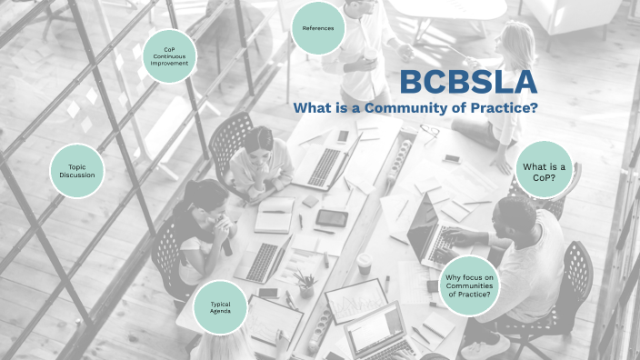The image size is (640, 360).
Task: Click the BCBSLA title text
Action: click(x=468, y=83)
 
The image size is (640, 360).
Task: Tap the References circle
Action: click(x=318, y=28)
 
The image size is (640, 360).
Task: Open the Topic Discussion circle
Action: click(x=77, y=171)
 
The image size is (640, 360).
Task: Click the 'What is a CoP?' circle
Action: click(x=545, y=172)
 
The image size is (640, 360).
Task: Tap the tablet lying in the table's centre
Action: click(x=332, y=218)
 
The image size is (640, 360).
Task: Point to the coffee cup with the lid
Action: click(x=364, y=264)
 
